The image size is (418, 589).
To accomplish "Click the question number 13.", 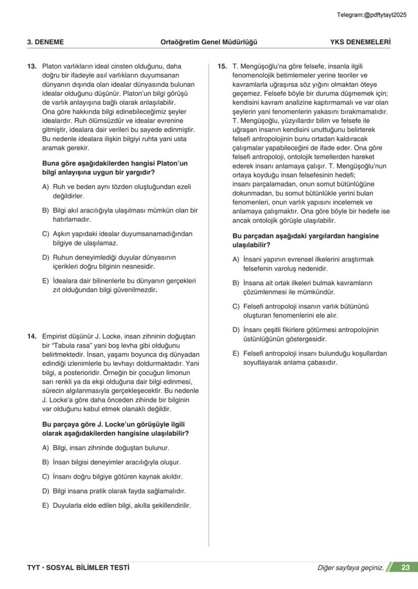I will pos(31,66).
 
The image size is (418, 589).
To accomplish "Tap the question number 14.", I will pos(31,336).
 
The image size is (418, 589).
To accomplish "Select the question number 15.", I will pos(222,66).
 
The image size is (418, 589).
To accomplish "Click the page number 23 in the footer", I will pos(405,567).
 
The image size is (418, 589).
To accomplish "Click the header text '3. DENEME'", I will pos(45,42).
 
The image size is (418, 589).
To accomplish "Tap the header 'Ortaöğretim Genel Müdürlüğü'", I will pos(208,42).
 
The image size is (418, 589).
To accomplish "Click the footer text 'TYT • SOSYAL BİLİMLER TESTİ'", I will pos(78,567).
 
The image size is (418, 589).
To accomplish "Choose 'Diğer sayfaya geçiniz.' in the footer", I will pos(350,568).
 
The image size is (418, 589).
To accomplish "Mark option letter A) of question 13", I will pos(45,187).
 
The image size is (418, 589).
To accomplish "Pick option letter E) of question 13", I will pos(45,281).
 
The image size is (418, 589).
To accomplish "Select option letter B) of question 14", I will pos(45,462).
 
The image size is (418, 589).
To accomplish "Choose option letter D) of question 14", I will pos(45,491).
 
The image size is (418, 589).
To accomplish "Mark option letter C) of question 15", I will pos(236,306).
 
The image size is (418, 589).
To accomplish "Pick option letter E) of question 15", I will pos(236,353).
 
